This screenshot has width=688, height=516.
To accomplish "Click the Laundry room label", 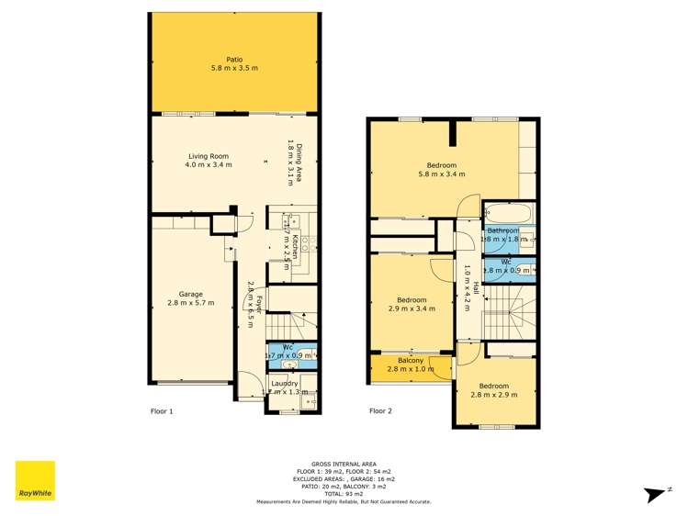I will coord(284,383).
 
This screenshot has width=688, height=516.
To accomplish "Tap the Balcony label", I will coord(411,360).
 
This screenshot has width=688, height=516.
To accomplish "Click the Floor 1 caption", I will coord(162,411).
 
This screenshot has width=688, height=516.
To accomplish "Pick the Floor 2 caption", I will coord(380,411).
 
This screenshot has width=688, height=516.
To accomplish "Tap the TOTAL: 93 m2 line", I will coord(344,494).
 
